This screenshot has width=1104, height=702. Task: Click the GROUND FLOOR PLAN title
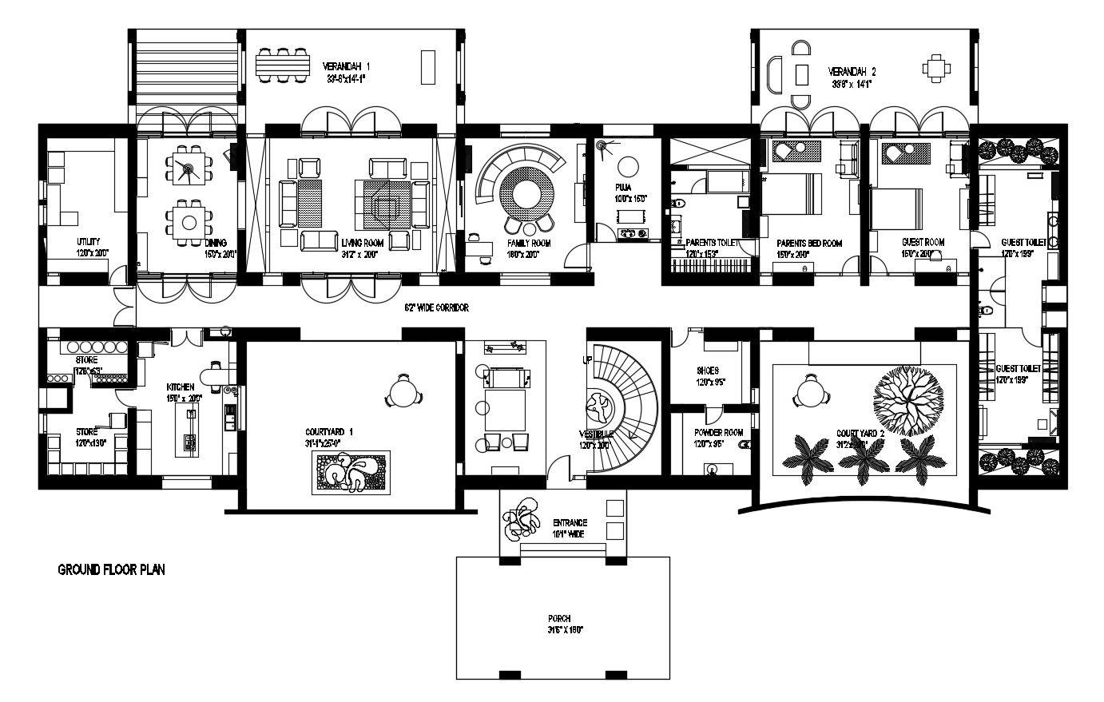(x=111, y=570)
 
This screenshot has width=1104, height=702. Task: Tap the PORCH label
(x=559, y=619)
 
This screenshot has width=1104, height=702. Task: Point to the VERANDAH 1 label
(x=346, y=66)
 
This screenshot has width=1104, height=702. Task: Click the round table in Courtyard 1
(x=403, y=391)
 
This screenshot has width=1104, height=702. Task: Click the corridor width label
(x=436, y=307)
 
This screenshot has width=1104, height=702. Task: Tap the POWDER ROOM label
(x=718, y=433)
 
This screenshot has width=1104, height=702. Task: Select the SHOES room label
(x=707, y=371)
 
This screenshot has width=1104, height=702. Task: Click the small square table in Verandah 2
(x=936, y=69)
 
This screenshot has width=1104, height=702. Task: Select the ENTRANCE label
(x=570, y=523)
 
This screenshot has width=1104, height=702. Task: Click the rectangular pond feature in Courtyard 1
(x=349, y=472)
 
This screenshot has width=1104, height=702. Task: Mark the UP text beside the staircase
(x=588, y=361)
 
